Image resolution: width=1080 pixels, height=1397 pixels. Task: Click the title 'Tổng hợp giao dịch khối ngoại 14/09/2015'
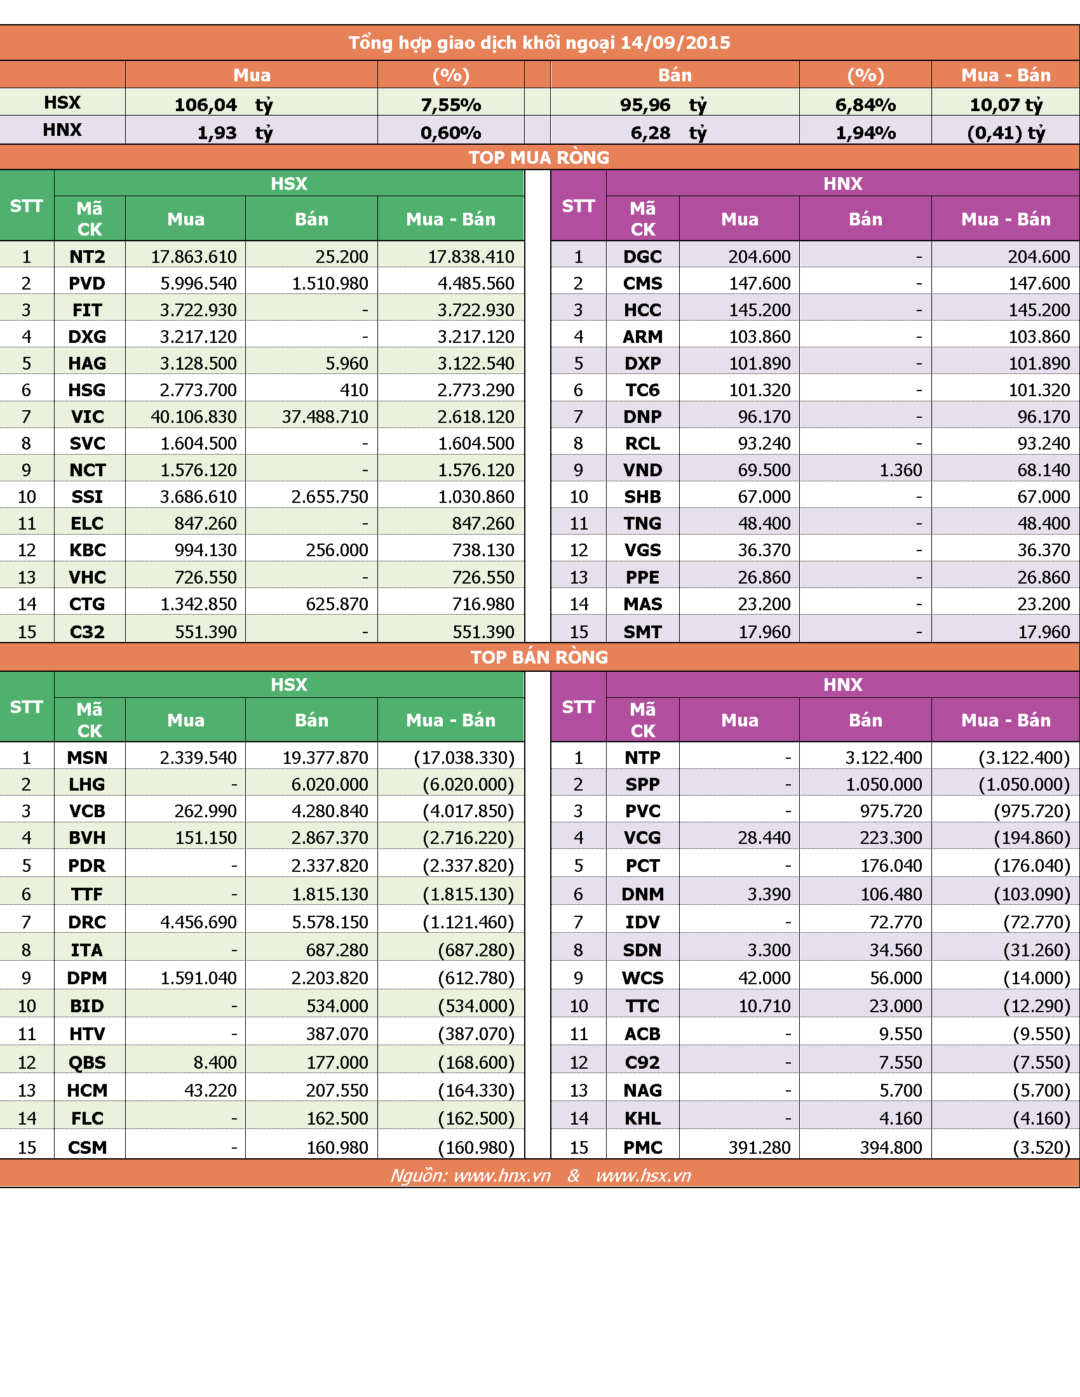click(x=539, y=43)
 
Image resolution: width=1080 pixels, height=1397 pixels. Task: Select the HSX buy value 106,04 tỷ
click(x=224, y=104)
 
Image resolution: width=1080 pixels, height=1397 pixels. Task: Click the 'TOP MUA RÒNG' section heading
click(x=539, y=157)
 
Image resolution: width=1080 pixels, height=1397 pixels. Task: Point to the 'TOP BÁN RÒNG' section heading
click(x=539, y=657)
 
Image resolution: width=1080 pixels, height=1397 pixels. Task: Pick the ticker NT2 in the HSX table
click(x=87, y=257)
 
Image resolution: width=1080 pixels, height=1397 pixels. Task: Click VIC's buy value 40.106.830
click(x=194, y=417)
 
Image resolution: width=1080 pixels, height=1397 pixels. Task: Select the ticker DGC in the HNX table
click(x=642, y=257)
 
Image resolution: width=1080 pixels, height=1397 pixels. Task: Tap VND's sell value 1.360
click(x=901, y=470)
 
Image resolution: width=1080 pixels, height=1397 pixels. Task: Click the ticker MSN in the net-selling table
click(x=87, y=758)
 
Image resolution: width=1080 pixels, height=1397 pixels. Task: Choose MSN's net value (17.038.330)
click(x=464, y=758)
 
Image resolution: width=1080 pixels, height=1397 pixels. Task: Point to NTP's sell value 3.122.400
click(x=884, y=758)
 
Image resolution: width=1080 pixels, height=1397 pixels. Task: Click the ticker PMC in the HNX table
click(x=643, y=1147)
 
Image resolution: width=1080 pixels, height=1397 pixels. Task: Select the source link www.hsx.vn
click(x=643, y=1175)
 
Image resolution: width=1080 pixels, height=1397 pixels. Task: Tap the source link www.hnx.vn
click(x=503, y=1175)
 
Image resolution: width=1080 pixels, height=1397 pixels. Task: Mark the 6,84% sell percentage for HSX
click(x=865, y=104)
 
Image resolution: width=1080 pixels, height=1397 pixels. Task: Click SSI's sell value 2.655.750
click(x=330, y=497)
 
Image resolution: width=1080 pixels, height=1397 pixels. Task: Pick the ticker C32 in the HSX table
click(x=87, y=632)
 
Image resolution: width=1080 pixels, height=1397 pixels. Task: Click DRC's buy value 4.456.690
click(x=198, y=922)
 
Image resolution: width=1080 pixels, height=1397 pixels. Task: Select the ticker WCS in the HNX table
click(x=642, y=978)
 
